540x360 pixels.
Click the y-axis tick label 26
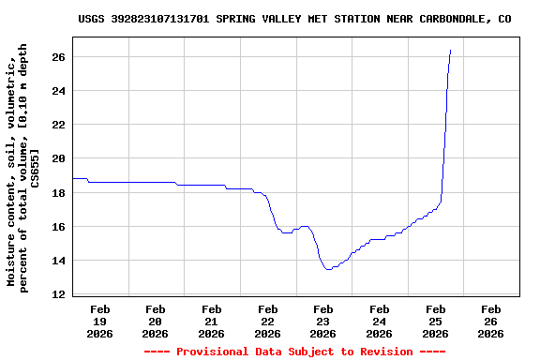pyautogui.click(x=57, y=57)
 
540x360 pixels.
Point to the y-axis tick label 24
pyautogui.click(x=57, y=91)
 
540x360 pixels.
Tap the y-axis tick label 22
pyautogui.click(x=57, y=125)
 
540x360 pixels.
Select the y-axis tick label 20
pyautogui.click(x=57, y=158)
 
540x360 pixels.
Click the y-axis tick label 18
pyautogui.click(x=57, y=192)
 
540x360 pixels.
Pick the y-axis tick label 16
pyautogui.click(x=57, y=227)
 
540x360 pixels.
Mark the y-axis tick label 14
pyautogui.click(x=57, y=261)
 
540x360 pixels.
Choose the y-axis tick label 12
pyautogui.click(x=57, y=294)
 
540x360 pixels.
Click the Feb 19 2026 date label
pyautogui.click(x=99, y=321)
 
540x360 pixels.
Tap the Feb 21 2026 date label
pyautogui.click(x=212, y=321)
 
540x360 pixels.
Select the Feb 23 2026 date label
pyautogui.click(x=323, y=321)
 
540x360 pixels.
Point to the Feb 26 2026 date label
pyautogui.click(x=491, y=321)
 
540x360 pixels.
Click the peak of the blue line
pyautogui.click(x=451, y=51)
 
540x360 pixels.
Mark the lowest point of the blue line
pyautogui.click(x=328, y=269)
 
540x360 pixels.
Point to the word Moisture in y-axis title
pyautogui.click(x=13, y=260)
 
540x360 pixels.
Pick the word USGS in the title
pyautogui.click(x=91, y=18)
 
